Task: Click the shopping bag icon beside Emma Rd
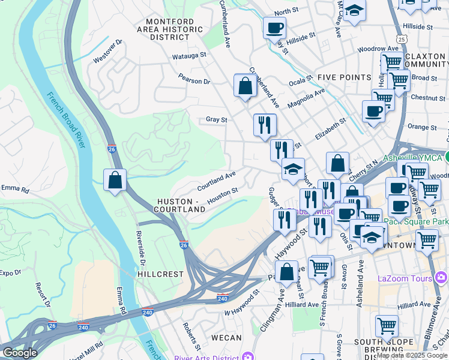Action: (x=115, y=180)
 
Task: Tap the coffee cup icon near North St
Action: (x=274, y=28)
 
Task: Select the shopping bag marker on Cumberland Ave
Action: (x=246, y=86)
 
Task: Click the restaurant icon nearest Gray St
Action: (x=265, y=125)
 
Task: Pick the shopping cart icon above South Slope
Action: (x=387, y=326)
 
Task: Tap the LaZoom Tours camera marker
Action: (x=442, y=278)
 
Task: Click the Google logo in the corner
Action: (x=20, y=353)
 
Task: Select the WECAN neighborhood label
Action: (x=226, y=338)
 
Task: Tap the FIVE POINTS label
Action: (x=344, y=77)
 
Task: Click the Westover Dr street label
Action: (x=108, y=52)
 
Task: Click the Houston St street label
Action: (x=222, y=195)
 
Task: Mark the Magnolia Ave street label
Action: (x=306, y=98)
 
